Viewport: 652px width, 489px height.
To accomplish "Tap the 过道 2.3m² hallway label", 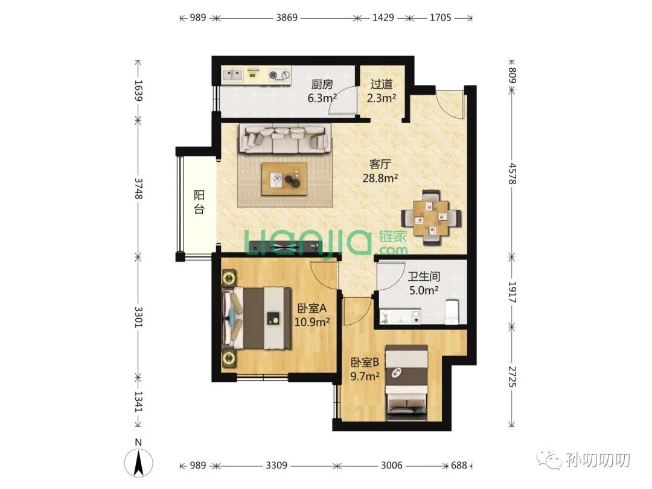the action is tap(382, 91).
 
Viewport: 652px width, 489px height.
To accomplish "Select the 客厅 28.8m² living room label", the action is tap(380, 171).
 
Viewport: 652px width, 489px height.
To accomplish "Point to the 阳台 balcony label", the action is tap(199, 202).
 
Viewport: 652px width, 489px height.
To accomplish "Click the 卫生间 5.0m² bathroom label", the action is tap(424, 283).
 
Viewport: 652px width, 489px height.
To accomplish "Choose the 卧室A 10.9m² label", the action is tap(312, 315).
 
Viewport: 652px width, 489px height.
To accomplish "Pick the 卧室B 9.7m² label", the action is tap(365, 369).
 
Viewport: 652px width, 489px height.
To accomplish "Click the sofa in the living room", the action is tap(285, 139).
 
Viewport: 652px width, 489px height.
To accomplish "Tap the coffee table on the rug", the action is tap(285, 179).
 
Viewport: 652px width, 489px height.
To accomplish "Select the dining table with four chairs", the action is tap(431, 217).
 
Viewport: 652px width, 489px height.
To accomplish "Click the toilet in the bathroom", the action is tap(451, 312).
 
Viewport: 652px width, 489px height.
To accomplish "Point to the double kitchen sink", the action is tap(233, 75).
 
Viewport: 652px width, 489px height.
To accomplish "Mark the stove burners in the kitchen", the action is tap(279, 75).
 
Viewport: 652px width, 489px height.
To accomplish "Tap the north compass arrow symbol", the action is tap(138, 462).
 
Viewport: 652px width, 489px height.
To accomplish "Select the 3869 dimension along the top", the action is tap(287, 18).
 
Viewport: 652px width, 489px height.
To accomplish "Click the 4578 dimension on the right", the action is tap(513, 173).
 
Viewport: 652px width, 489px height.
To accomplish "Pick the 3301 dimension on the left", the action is tap(138, 318).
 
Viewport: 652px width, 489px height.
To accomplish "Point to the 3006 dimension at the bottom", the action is tap(391, 465).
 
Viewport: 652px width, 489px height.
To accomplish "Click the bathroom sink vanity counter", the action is tap(400, 316).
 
